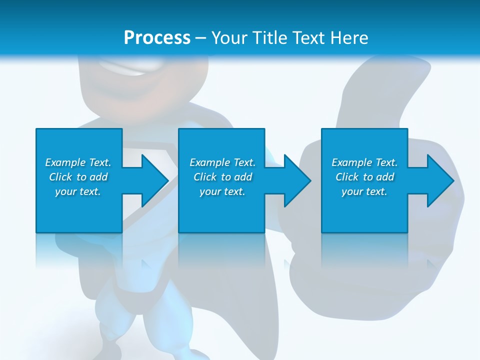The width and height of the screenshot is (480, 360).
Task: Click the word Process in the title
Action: [x=157, y=38]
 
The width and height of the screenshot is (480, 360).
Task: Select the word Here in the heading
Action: [x=348, y=38]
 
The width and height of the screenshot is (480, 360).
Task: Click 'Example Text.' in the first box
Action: [x=78, y=162]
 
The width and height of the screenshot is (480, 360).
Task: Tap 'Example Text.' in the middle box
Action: [x=222, y=162]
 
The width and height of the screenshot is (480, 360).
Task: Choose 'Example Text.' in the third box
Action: [x=364, y=162]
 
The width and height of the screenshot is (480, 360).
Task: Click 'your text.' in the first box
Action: [x=78, y=191]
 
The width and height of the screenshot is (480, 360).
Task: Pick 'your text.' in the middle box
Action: [x=222, y=191]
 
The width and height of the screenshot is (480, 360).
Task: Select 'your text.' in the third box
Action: [x=364, y=191]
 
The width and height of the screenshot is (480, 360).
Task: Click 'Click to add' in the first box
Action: [x=78, y=177]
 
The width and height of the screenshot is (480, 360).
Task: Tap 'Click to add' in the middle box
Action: [x=222, y=177]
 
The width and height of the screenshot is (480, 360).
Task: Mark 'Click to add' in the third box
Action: [x=364, y=177]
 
